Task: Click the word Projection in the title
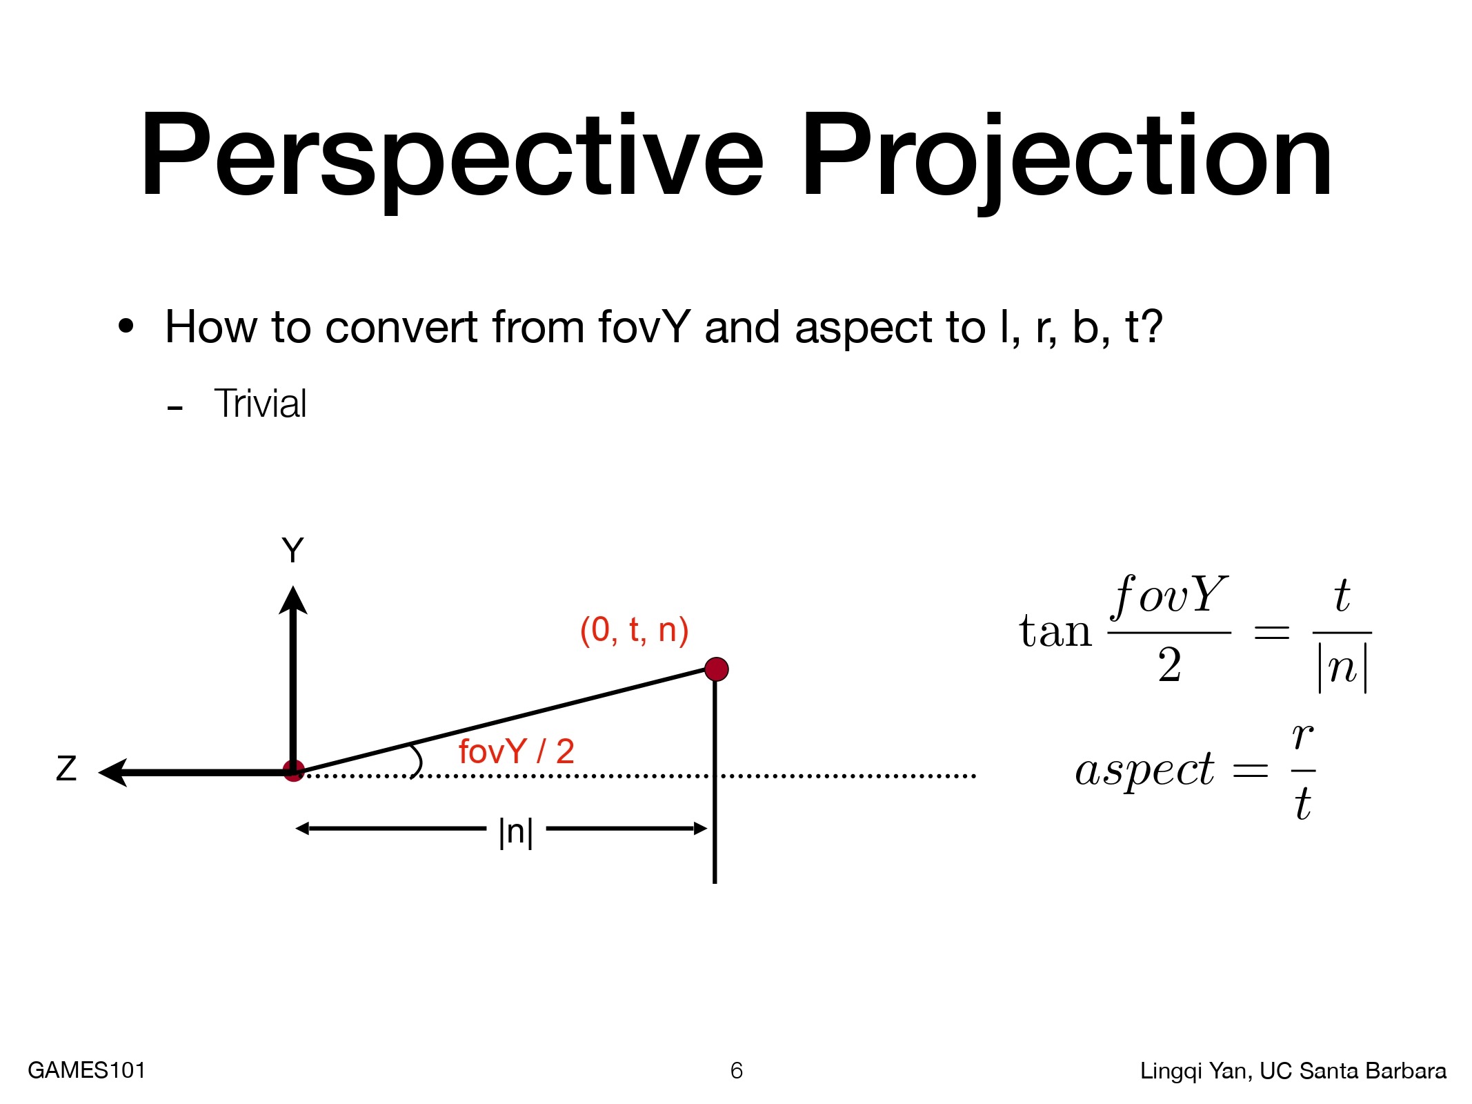pyautogui.click(x=1066, y=160)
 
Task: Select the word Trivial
pyautogui.click(x=260, y=404)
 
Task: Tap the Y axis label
pyautogui.click(x=292, y=551)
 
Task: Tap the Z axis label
pyautogui.click(x=66, y=768)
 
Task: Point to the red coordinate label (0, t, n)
pyautogui.click(x=634, y=630)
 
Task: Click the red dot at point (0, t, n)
pyautogui.click(x=717, y=669)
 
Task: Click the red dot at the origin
pyautogui.click(x=294, y=771)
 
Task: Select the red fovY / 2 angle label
pyautogui.click(x=516, y=751)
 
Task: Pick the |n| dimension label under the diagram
pyautogui.click(x=516, y=832)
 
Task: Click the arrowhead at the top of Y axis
pyautogui.click(x=293, y=600)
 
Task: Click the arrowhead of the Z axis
pyautogui.click(x=113, y=772)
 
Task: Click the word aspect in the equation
pyautogui.click(x=1144, y=770)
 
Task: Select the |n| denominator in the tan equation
pyautogui.click(x=1342, y=668)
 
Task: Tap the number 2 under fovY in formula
pyautogui.click(x=1169, y=665)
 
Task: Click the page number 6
pyautogui.click(x=737, y=1070)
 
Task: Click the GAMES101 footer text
pyautogui.click(x=87, y=1070)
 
